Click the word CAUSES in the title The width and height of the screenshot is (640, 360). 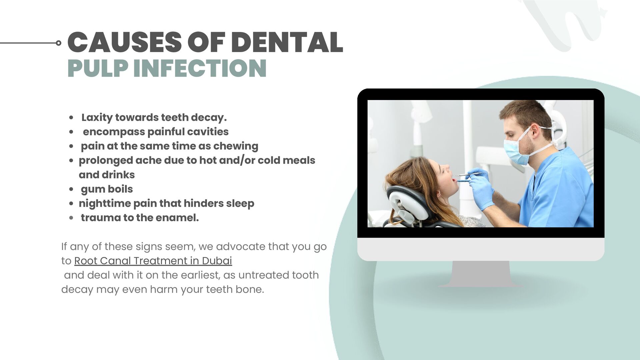124,43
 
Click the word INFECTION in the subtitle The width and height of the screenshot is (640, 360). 200,68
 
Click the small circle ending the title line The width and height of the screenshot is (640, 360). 59,43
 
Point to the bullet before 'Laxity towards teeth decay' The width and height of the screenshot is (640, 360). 71,118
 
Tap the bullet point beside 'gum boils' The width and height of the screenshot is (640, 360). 71,189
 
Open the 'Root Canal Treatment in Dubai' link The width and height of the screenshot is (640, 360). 153,261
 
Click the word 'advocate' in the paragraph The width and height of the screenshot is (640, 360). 240,247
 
